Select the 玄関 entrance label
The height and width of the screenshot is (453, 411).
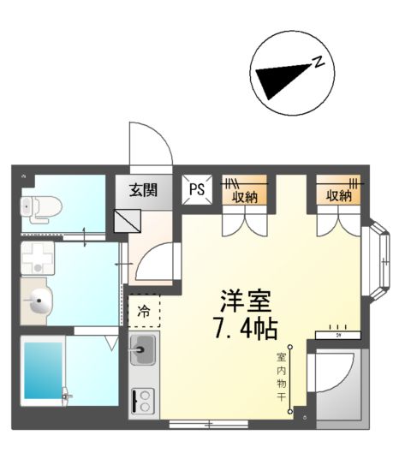(144, 191)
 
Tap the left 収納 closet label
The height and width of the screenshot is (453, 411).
(244, 196)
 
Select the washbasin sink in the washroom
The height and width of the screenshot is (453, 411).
(39, 301)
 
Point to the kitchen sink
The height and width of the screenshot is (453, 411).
(142, 349)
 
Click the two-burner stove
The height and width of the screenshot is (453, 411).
(142, 401)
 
